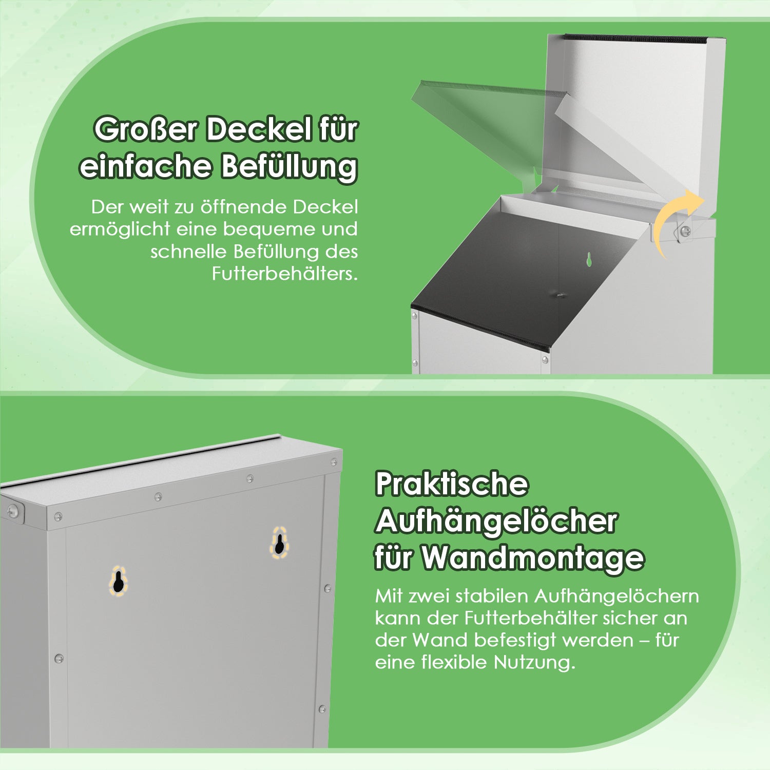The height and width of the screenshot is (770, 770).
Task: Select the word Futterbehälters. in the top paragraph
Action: click(x=285, y=274)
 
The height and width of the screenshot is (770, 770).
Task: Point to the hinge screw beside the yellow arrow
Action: click(x=685, y=232)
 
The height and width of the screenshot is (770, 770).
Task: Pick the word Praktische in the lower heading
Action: click(x=452, y=484)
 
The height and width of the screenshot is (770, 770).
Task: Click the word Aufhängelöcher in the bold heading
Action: click(x=496, y=522)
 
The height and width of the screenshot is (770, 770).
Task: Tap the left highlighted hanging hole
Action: click(x=118, y=582)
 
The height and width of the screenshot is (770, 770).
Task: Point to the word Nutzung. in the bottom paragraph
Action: click(x=534, y=662)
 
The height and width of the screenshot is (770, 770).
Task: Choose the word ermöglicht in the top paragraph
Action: click(x=120, y=229)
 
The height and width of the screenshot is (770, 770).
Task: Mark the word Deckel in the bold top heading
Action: click(x=259, y=129)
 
